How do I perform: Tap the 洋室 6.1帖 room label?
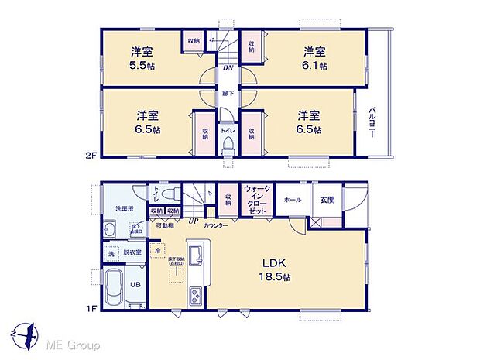tap(313, 59)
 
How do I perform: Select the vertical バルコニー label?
tap(372, 122)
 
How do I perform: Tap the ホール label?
tap(293, 200)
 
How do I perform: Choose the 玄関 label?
tap(327, 200)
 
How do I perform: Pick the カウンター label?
tap(216, 225)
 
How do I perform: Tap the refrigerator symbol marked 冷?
tap(157, 251)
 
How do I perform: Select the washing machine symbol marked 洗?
tap(110, 254)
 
